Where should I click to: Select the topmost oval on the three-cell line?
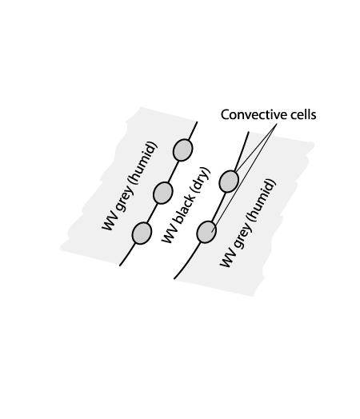point(183,150)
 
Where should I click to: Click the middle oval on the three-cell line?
point(162,193)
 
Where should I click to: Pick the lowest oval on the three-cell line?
point(142,233)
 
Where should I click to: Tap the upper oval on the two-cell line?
point(229,182)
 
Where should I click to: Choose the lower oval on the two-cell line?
point(206,232)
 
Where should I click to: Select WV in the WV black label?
point(169,235)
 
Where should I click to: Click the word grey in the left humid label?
point(123,198)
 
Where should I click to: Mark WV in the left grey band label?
point(109,221)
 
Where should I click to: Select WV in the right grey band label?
point(227,258)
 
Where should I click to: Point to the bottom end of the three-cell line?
point(120,265)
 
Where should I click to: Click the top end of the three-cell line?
point(198,122)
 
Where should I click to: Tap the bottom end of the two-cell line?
point(174,279)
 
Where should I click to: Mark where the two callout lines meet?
point(277,123)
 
